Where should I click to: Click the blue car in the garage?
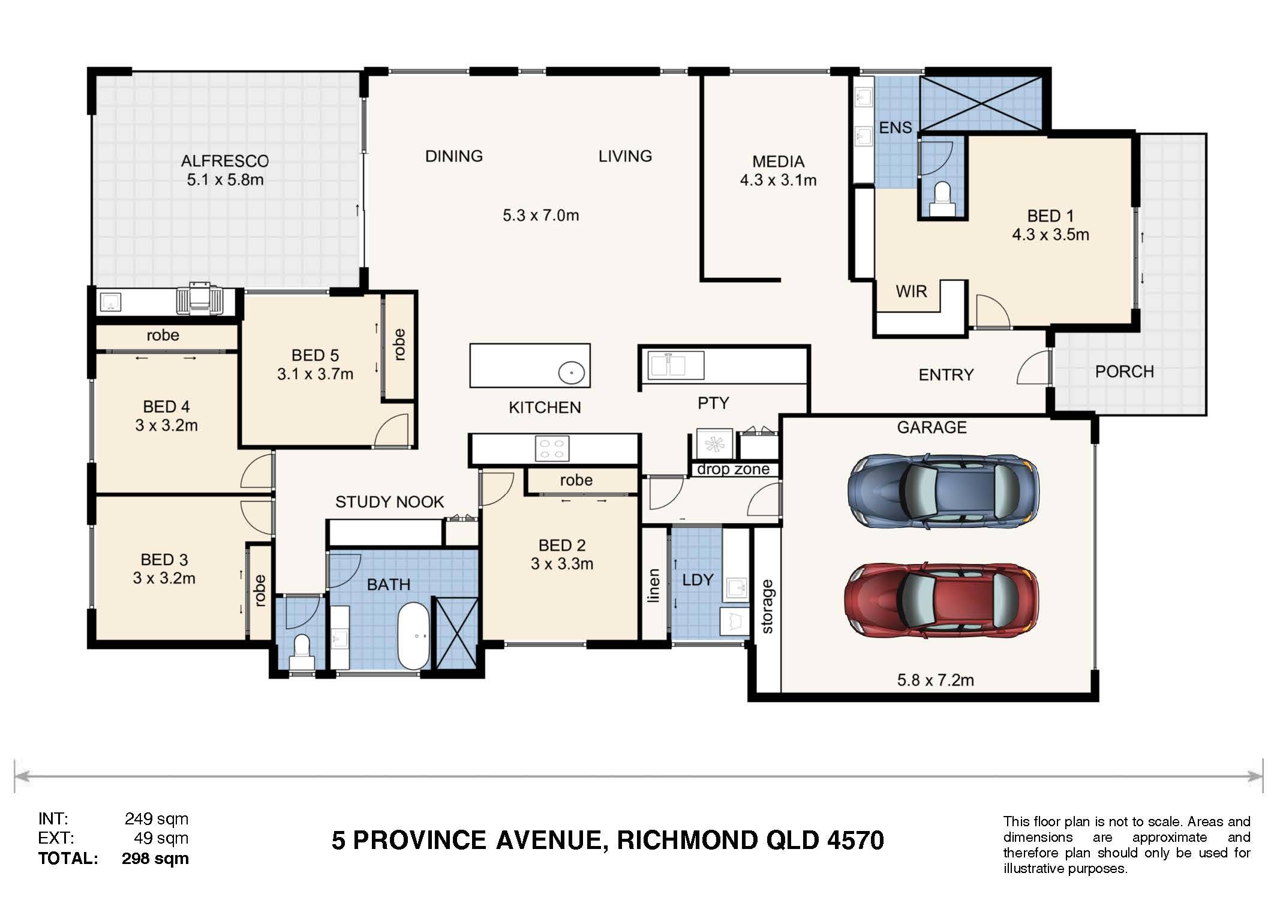click(943, 491)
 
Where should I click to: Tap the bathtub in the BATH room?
click(414, 636)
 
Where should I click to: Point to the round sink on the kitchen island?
click(572, 373)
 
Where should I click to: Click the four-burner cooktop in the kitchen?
click(552, 449)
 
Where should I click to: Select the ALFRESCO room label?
click(225, 161)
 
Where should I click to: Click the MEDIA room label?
click(778, 161)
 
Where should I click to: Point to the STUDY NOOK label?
click(390, 502)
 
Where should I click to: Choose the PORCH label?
click(1125, 371)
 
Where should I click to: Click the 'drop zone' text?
click(733, 469)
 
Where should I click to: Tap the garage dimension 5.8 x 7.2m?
click(936, 680)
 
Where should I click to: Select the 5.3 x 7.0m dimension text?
click(541, 215)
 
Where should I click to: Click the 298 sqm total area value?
click(155, 859)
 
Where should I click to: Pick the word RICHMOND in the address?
click(687, 841)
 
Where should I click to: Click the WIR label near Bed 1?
click(911, 292)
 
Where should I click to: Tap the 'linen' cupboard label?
click(654, 585)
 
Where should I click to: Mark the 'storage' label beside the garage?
click(767, 607)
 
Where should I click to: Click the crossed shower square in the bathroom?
click(457, 632)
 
